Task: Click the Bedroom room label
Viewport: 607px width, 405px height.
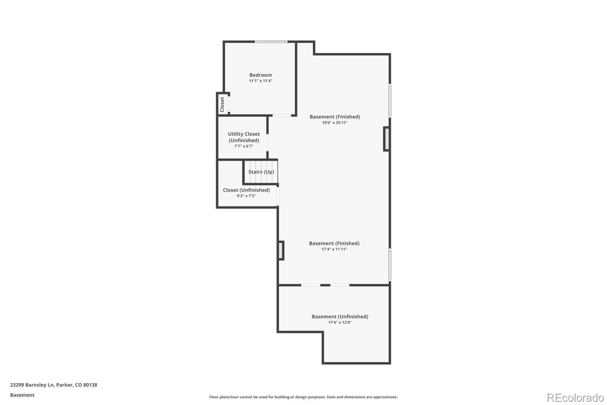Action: (261, 75)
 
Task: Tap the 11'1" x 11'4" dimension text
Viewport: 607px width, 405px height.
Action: (261, 81)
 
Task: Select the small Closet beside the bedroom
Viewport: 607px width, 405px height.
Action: (222, 104)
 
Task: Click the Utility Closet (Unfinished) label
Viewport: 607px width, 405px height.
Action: (244, 137)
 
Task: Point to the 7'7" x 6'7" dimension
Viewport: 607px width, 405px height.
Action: (244, 146)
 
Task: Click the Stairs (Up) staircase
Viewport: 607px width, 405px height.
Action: (261, 172)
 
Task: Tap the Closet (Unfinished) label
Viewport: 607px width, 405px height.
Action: (246, 190)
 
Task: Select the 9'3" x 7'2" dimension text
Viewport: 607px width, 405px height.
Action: (246, 196)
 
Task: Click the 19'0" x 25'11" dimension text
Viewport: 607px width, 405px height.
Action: (335, 123)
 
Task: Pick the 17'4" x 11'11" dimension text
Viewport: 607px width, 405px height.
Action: (334, 249)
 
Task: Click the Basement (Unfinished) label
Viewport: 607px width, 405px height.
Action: (340, 317)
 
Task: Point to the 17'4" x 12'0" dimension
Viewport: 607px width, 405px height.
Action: (340, 323)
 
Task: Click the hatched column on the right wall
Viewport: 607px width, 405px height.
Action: (387, 139)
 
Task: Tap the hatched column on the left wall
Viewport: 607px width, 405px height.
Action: (280, 251)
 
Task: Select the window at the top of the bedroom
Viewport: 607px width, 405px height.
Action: (271, 42)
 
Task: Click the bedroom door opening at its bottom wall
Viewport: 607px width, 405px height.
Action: (281, 116)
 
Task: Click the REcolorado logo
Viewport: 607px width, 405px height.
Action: (575, 397)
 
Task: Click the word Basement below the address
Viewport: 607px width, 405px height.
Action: (22, 395)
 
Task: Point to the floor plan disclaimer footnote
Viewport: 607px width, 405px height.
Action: (303, 397)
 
